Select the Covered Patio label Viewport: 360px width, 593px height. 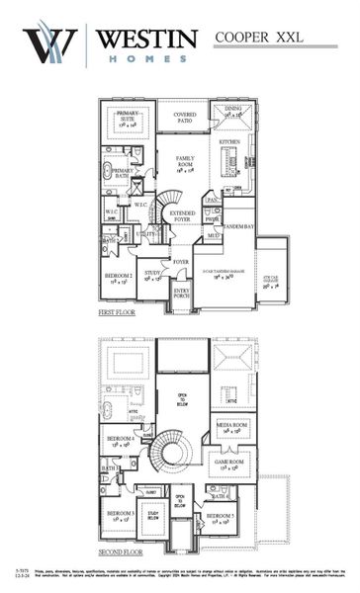(x=184, y=117)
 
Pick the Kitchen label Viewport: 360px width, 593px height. (x=229, y=142)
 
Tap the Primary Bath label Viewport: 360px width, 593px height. (x=123, y=172)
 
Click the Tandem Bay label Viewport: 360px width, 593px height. (x=240, y=227)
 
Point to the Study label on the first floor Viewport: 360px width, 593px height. (x=151, y=275)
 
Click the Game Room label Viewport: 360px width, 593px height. (x=228, y=463)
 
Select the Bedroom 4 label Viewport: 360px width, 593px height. (x=120, y=443)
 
